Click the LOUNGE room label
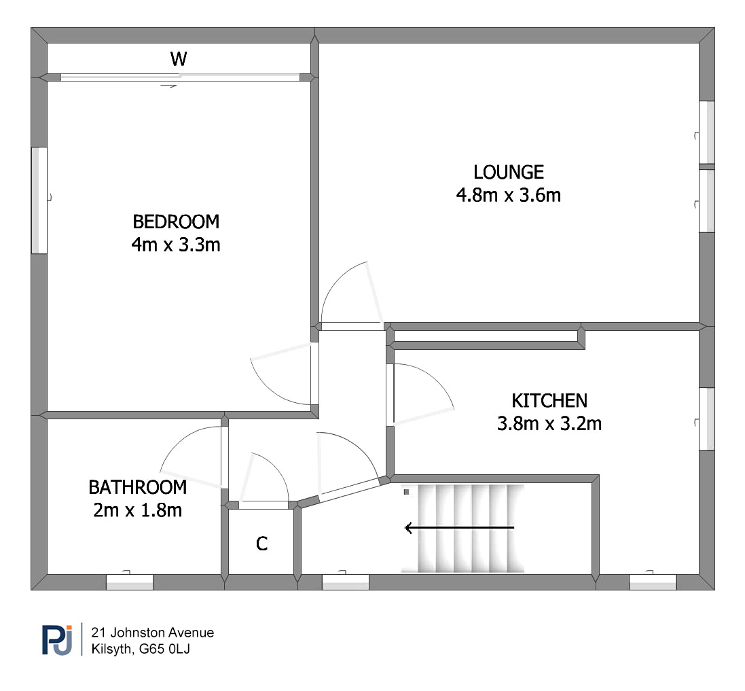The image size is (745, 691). (509, 172)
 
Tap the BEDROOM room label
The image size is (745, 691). (176, 222)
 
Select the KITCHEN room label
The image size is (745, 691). (549, 401)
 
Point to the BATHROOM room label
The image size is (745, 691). (138, 488)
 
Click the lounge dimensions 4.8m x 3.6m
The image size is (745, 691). (509, 195)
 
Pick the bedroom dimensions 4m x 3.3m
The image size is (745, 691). (176, 245)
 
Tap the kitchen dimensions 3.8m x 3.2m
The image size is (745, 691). (549, 423)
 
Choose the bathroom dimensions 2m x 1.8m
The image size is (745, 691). (138, 510)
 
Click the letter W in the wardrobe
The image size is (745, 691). (179, 59)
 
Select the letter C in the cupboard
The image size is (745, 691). (261, 544)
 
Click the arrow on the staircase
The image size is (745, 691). (459, 527)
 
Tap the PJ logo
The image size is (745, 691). (58, 639)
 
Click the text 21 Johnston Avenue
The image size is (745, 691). (153, 633)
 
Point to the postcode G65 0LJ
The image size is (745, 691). (164, 649)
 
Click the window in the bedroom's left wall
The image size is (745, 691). (39, 200)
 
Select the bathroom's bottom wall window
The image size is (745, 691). (129, 582)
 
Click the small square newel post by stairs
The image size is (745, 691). (406, 493)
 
